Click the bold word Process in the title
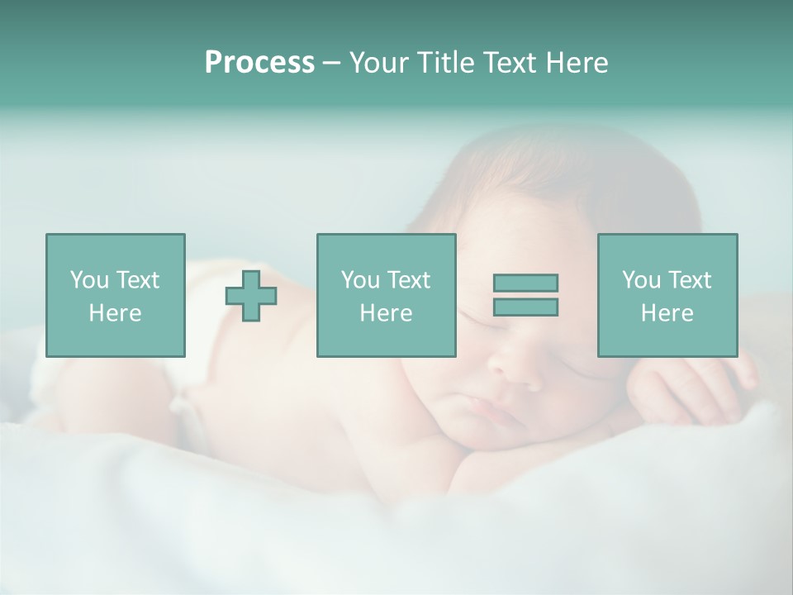(259, 63)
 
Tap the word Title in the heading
(446, 63)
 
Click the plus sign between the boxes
(251, 295)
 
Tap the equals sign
(525, 295)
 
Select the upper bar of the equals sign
(525, 283)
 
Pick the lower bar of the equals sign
(525, 307)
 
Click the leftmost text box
(115, 295)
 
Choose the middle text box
(386, 295)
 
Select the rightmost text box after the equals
(667, 295)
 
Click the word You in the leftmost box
(89, 280)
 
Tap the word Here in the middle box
(386, 313)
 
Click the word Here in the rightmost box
(667, 313)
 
